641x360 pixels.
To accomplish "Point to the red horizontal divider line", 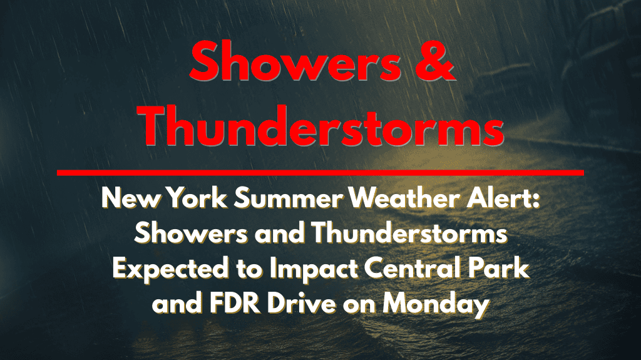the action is [320, 173].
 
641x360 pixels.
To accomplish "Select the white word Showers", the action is [191, 234].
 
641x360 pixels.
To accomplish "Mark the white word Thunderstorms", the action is [409, 234].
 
